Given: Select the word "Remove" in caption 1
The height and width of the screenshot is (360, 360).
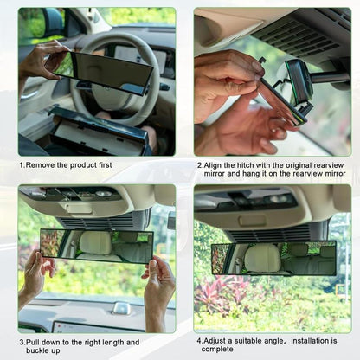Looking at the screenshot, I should [38, 164].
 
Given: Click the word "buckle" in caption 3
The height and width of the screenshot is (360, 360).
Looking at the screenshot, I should [32, 351].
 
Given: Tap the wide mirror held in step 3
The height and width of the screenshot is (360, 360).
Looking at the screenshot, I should [96, 246].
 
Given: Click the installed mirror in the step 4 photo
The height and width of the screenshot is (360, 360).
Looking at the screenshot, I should [273, 258].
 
